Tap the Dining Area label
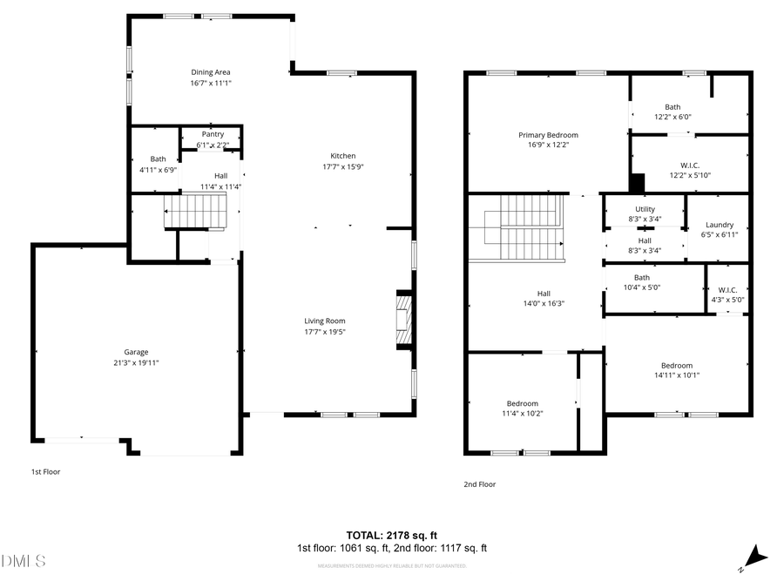pyautogui.click(x=210, y=72)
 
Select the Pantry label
pyautogui.click(x=213, y=134)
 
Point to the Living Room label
pyautogui.click(x=325, y=321)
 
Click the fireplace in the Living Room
pyautogui.click(x=403, y=319)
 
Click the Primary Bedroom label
pyautogui.click(x=548, y=135)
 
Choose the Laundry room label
pyautogui.click(x=720, y=225)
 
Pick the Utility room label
pyautogui.click(x=645, y=209)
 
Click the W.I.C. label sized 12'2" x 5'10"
pyautogui.click(x=690, y=165)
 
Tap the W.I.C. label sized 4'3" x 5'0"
pyautogui.click(x=727, y=289)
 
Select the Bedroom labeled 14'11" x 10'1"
pyautogui.click(x=676, y=365)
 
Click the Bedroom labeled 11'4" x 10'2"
pyautogui.click(x=523, y=403)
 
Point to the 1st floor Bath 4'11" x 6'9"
pyautogui.click(x=158, y=159)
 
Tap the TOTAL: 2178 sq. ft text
pyautogui.click(x=392, y=534)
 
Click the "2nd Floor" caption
pyautogui.click(x=479, y=484)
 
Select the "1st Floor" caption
pyautogui.click(x=46, y=471)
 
